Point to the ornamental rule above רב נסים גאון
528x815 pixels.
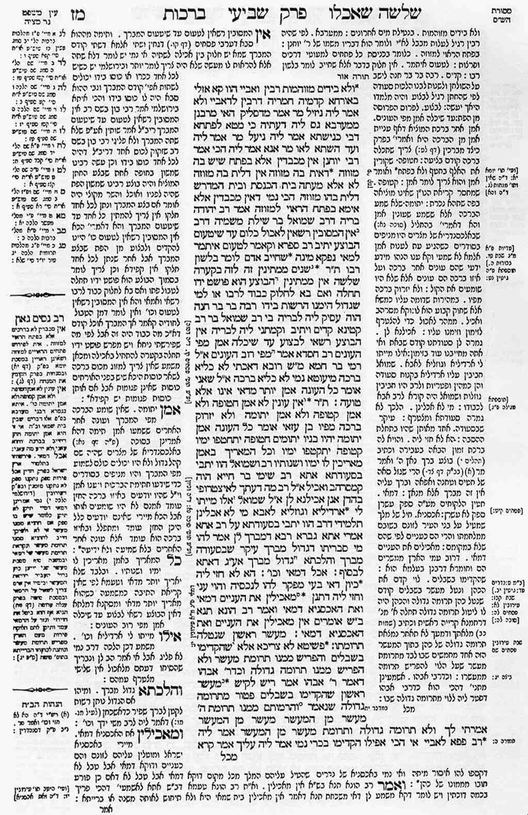pyautogui.click(x=39, y=295)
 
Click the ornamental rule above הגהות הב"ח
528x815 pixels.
pyautogui.click(x=39, y=690)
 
